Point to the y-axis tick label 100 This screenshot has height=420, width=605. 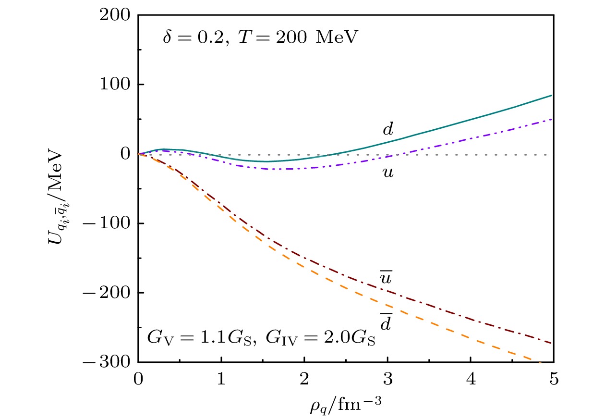(x=117, y=85)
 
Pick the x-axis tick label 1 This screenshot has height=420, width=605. (x=221, y=378)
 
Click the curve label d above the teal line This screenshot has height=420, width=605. (x=387, y=129)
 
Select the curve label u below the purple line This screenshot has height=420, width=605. (x=387, y=172)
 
